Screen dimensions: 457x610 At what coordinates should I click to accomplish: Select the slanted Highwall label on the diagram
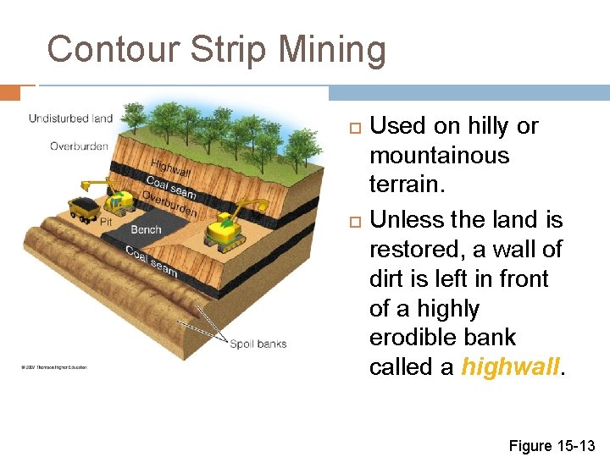(x=170, y=168)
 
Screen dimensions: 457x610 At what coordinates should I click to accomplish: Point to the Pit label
(x=106, y=222)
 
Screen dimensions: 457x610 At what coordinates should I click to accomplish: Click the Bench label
(x=147, y=229)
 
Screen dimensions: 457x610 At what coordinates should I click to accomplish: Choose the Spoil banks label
(x=258, y=344)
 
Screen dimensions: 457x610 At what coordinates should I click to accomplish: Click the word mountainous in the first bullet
(x=439, y=156)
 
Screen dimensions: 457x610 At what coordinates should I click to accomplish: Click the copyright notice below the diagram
(x=53, y=367)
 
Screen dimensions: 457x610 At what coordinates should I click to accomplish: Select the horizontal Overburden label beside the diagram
(x=79, y=146)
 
